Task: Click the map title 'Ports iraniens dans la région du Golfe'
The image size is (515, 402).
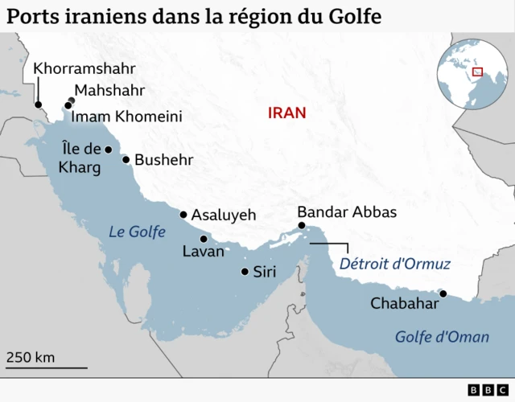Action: [x=194, y=15]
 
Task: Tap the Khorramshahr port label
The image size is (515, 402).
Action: [x=84, y=68]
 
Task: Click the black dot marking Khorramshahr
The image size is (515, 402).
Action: [x=37, y=104]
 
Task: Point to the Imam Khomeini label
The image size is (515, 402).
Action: [x=126, y=117]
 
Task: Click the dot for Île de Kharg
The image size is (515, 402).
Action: [x=108, y=150]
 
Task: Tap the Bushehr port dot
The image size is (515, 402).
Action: [x=126, y=159]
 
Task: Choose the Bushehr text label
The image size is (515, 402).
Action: [x=163, y=159]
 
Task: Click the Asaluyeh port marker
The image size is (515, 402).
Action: [x=183, y=215]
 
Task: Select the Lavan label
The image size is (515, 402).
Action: [x=198, y=252]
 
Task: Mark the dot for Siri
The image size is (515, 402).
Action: [x=245, y=272]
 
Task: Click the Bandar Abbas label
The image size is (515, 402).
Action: [x=347, y=212]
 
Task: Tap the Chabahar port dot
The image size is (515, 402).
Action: [x=442, y=293]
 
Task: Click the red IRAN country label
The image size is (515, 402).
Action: [x=287, y=113]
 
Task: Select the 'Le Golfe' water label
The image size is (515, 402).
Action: [x=137, y=232]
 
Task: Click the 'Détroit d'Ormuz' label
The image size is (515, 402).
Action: [x=395, y=264]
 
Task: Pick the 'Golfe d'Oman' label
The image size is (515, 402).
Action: [x=442, y=337]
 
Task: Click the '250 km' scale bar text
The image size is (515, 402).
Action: [x=31, y=357]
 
